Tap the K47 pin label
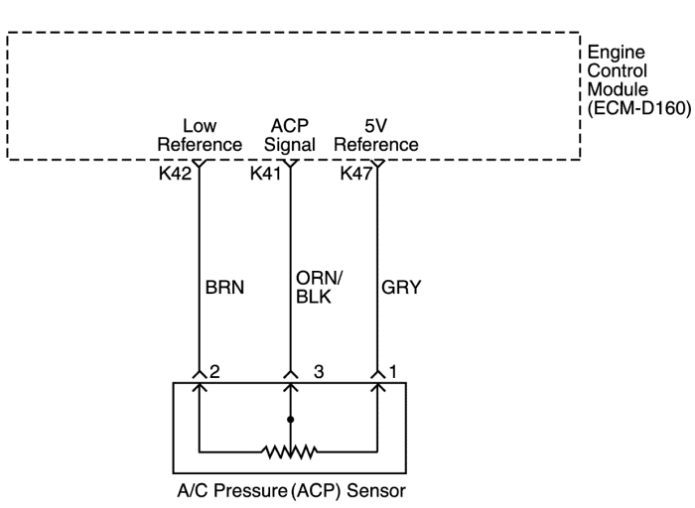pyautogui.click(x=355, y=173)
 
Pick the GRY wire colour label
pyautogui.click(x=401, y=289)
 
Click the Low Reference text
pyautogui.click(x=200, y=135)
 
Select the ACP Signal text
pyautogui.click(x=290, y=135)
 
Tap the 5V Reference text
pyautogui.click(x=375, y=135)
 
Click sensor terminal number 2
pyautogui.click(x=213, y=372)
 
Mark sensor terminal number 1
pyautogui.click(x=394, y=372)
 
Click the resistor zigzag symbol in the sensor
pyautogui.click(x=290, y=451)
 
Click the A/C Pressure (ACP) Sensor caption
pyautogui.click(x=289, y=490)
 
